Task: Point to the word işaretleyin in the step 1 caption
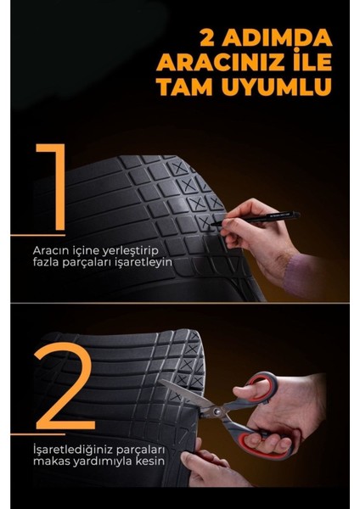click(146, 264)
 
